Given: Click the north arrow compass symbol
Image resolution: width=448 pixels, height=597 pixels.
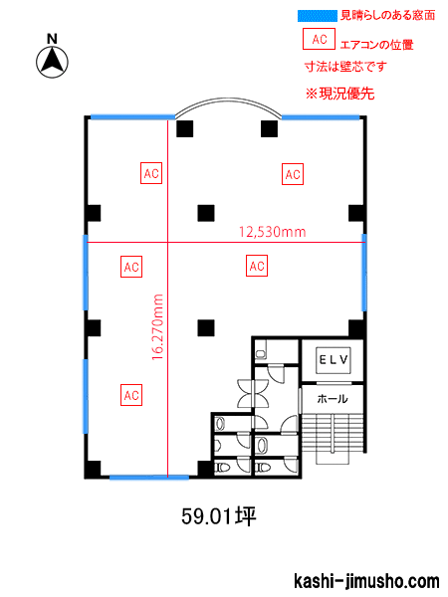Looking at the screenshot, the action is coord(52,63).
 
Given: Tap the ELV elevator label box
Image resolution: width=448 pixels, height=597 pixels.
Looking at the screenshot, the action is coord(334,360).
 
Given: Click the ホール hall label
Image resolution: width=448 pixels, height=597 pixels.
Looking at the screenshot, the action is coord(333,399).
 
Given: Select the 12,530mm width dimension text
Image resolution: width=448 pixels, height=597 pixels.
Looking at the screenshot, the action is coord(273,232).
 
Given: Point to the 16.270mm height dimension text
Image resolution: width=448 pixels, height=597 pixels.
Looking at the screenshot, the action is coord(157,327).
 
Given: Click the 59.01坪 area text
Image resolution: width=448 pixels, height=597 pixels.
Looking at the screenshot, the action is coord(219,516).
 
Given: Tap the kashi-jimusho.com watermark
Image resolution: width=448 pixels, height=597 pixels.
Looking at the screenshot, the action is coord(366,581).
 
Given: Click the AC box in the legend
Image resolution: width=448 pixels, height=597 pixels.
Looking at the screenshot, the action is coord(319,39).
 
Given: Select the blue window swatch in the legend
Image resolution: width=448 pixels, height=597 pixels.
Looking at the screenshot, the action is coord(318,16).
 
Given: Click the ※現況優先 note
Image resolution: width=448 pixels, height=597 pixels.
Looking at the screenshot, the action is coord(339,94).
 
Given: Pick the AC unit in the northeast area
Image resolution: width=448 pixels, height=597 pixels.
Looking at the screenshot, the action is coord(293,174).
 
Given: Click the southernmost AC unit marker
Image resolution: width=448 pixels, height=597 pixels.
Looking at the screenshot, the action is coord(131,395).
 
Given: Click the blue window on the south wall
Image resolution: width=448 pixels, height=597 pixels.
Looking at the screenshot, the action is coord(149,477).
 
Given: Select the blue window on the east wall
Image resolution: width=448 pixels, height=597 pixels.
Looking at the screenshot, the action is coord(364,273).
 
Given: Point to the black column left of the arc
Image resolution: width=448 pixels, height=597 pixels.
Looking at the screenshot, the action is coord(185,128).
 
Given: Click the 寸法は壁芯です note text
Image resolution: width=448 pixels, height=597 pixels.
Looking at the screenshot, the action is coord(345,67).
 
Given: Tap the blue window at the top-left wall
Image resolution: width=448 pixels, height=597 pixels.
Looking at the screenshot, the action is coord(132,116).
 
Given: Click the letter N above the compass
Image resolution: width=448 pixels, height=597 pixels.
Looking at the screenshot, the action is coord(52,39).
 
